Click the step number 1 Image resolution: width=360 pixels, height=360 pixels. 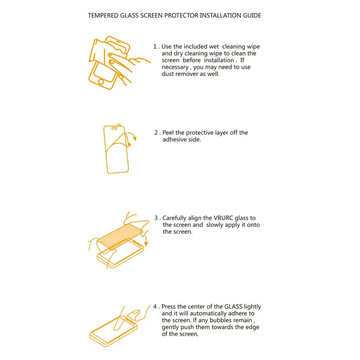(x=155, y=47)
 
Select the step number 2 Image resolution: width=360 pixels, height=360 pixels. (x=156, y=133)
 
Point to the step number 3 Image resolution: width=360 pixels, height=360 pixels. (x=156, y=218)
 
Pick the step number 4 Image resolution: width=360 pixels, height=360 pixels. (x=155, y=306)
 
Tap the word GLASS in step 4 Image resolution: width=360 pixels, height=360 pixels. (x=233, y=306)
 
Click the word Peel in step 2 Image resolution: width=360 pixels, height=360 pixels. (x=168, y=133)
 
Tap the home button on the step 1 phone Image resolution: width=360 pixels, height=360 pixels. (x=101, y=81)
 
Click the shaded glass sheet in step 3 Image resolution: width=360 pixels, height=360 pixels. (x=119, y=236)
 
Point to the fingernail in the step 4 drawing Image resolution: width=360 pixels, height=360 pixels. (x=136, y=312)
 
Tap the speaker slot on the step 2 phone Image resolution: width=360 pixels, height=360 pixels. (x=114, y=128)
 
